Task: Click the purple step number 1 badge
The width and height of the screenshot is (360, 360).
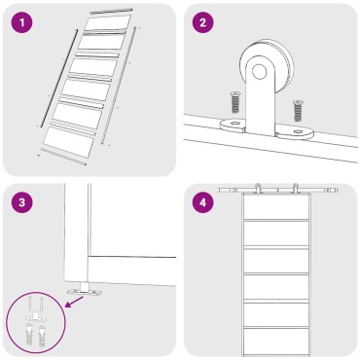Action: [x=22, y=22]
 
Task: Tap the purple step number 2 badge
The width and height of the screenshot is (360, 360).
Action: [x=203, y=22]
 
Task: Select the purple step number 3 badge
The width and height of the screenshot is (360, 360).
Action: [x=22, y=202]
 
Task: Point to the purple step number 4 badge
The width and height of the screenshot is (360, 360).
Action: [x=203, y=202]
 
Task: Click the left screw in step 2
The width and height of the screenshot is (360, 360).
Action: [x=234, y=102]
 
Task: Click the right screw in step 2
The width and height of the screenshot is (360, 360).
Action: [x=297, y=110]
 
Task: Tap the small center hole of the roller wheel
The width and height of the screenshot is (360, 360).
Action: [x=259, y=72]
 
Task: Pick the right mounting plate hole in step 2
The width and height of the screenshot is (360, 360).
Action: [x=298, y=131]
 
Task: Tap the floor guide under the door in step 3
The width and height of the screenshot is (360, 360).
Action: [x=85, y=290]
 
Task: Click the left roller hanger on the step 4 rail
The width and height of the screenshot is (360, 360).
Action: [x=259, y=188]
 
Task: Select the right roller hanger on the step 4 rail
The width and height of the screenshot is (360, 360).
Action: [x=295, y=188]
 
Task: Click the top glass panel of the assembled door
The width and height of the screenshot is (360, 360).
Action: [x=275, y=207]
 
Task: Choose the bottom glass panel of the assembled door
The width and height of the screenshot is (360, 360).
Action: [x=275, y=342]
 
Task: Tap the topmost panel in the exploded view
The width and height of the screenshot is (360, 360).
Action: [x=108, y=23]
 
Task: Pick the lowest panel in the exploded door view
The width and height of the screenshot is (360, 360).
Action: [x=68, y=142]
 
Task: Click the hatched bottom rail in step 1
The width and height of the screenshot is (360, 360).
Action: [x=64, y=157]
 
